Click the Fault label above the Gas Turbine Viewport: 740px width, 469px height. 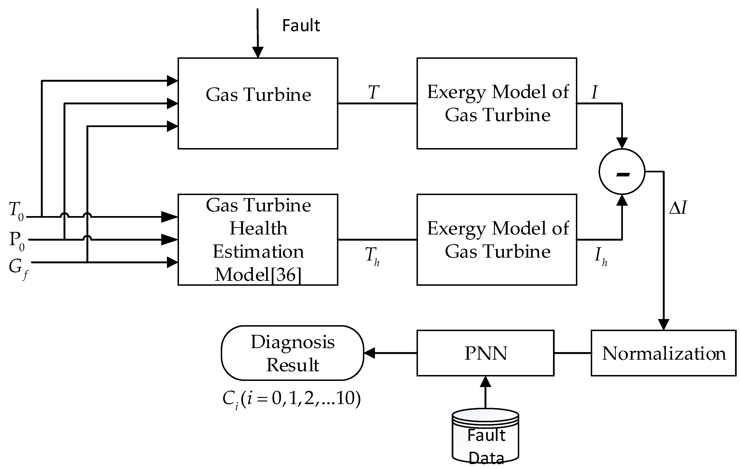pos(301,25)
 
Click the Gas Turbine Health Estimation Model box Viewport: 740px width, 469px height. pos(258,239)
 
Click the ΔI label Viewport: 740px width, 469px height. pos(678,208)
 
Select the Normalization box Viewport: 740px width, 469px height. pos(663,353)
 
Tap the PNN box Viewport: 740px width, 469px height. pos(485,353)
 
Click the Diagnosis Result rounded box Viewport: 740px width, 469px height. pos(292,353)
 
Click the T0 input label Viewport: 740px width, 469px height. pos(16,210)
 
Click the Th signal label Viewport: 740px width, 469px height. pos(372,256)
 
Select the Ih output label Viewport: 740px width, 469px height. pos(600,256)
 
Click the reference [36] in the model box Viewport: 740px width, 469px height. pos(285,274)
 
